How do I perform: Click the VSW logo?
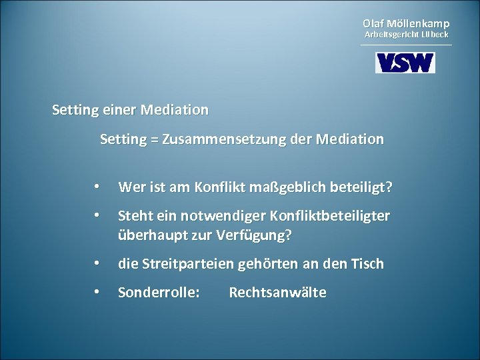[x=405, y=63]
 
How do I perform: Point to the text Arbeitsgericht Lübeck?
[x=405, y=34]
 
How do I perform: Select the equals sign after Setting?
[x=155, y=141]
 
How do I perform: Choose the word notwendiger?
[x=214, y=217]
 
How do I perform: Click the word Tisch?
[x=367, y=264]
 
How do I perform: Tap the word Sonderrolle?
[x=158, y=293]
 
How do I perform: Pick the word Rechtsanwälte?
[x=277, y=293]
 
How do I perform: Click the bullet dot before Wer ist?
[x=97, y=188]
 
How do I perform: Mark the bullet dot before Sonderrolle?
[x=97, y=293]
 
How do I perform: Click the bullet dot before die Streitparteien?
[x=97, y=264]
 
